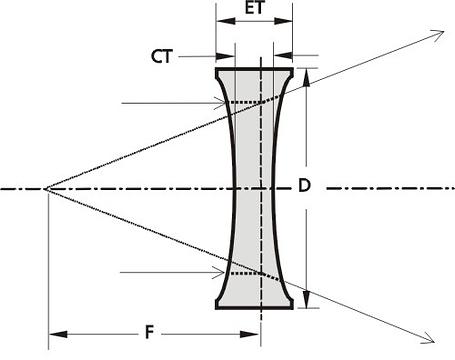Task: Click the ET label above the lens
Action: (255, 8)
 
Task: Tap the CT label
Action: (162, 57)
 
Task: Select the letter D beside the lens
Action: (304, 186)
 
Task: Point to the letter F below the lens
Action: (150, 333)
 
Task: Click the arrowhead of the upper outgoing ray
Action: (439, 34)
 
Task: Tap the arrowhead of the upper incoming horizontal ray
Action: (220, 103)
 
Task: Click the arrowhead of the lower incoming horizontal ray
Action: (219, 273)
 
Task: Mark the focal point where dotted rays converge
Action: (47, 189)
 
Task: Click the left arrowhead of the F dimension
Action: (58, 334)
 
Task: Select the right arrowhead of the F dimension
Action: (250, 334)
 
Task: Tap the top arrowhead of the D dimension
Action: (307, 77)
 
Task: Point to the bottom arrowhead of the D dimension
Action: (307, 299)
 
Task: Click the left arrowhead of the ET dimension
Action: (225, 21)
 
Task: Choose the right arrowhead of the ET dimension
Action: (283, 21)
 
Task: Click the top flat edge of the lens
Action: (254, 69)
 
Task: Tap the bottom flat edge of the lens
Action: (254, 308)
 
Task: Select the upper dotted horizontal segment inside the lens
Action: (246, 102)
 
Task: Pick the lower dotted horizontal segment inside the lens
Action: (246, 273)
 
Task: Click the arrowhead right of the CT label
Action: (225, 57)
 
